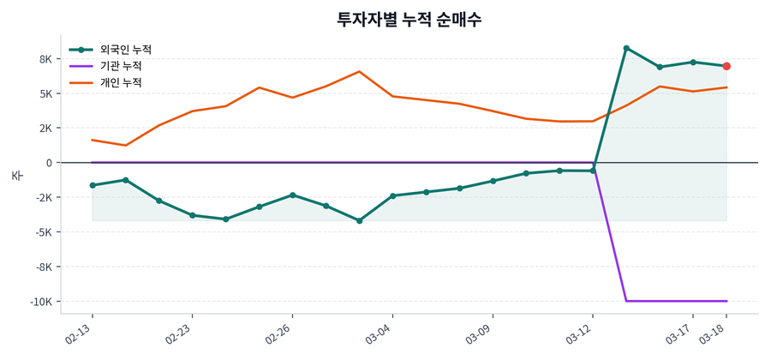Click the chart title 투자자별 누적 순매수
(x=409, y=19)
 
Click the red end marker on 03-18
(x=726, y=66)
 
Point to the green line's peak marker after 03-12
(x=626, y=48)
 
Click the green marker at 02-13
(x=93, y=185)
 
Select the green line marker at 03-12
(x=593, y=171)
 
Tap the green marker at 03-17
(x=693, y=62)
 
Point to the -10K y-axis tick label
(x=39, y=302)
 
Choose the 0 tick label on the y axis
(x=48, y=163)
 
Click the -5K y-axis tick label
(x=42, y=232)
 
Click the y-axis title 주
(x=16, y=175)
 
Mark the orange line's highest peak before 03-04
(x=359, y=71)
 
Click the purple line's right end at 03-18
(x=726, y=301)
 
